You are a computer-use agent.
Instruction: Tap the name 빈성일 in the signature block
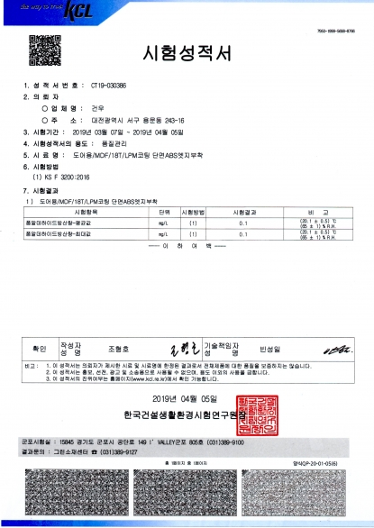(x=269, y=347)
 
